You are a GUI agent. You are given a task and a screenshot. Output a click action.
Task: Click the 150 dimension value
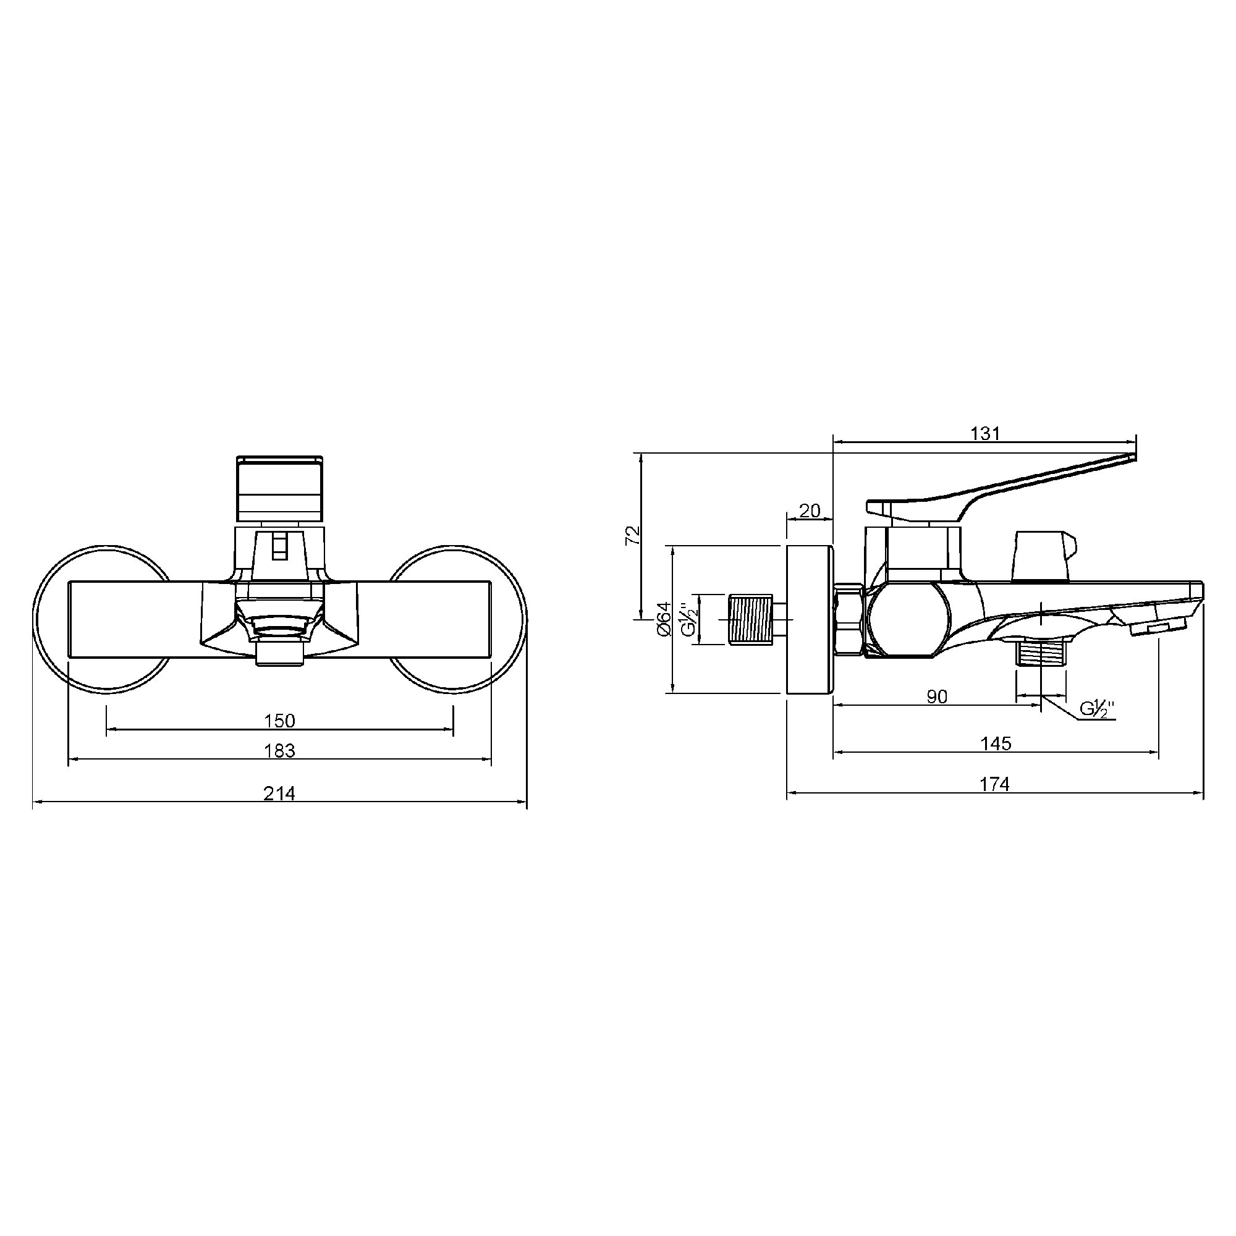coord(279,721)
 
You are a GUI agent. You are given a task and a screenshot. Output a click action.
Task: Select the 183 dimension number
coord(279,750)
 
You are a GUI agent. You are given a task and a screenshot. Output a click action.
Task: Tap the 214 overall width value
coord(279,794)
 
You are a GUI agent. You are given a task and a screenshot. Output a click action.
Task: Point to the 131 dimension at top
coord(985,434)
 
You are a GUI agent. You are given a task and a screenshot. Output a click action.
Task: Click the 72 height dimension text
coord(632,535)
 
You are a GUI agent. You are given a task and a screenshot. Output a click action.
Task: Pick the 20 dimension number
coord(810,511)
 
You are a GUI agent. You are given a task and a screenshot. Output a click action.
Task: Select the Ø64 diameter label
coord(663,619)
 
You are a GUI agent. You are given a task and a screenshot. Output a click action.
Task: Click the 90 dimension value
coord(937,696)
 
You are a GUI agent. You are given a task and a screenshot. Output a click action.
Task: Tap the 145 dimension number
coord(996,743)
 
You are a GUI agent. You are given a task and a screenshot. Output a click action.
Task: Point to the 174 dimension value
coord(995,784)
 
